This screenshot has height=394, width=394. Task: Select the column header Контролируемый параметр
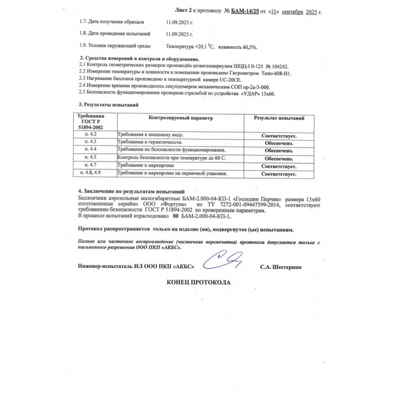tap(181, 119)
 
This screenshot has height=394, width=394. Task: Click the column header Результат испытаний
tap(279, 119)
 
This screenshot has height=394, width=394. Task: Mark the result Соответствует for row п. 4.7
tap(279, 167)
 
